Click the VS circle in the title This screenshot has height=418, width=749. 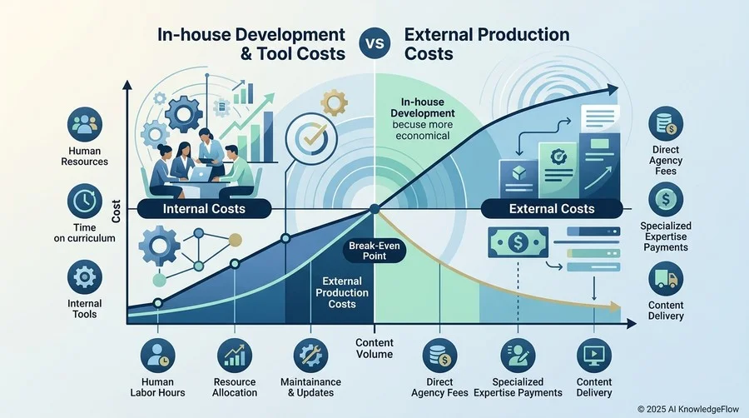(374, 43)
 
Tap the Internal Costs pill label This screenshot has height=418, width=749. (204, 209)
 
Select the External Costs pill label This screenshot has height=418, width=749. (552, 209)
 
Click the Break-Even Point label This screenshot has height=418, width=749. (374, 251)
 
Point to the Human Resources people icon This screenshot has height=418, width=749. (85, 124)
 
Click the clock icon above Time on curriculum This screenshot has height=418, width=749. (85, 201)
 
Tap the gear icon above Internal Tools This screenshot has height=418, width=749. (85, 277)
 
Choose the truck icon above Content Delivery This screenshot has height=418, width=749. (666, 278)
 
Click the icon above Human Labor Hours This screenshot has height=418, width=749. (157, 356)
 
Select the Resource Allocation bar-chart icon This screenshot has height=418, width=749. (235, 356)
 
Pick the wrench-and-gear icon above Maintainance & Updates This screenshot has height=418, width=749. (311, 356)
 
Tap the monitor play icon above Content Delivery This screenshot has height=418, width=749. (594, 356)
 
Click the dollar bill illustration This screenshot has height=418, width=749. (518, 242)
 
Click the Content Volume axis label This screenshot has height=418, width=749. (374, 348)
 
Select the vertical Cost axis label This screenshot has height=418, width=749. (116, 211)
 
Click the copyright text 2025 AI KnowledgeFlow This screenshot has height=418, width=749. (688, 409)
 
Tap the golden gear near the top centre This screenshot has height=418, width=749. (334, 102)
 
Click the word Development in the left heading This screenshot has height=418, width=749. (290, 35)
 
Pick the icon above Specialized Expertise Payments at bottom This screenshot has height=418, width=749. (518, 356)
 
